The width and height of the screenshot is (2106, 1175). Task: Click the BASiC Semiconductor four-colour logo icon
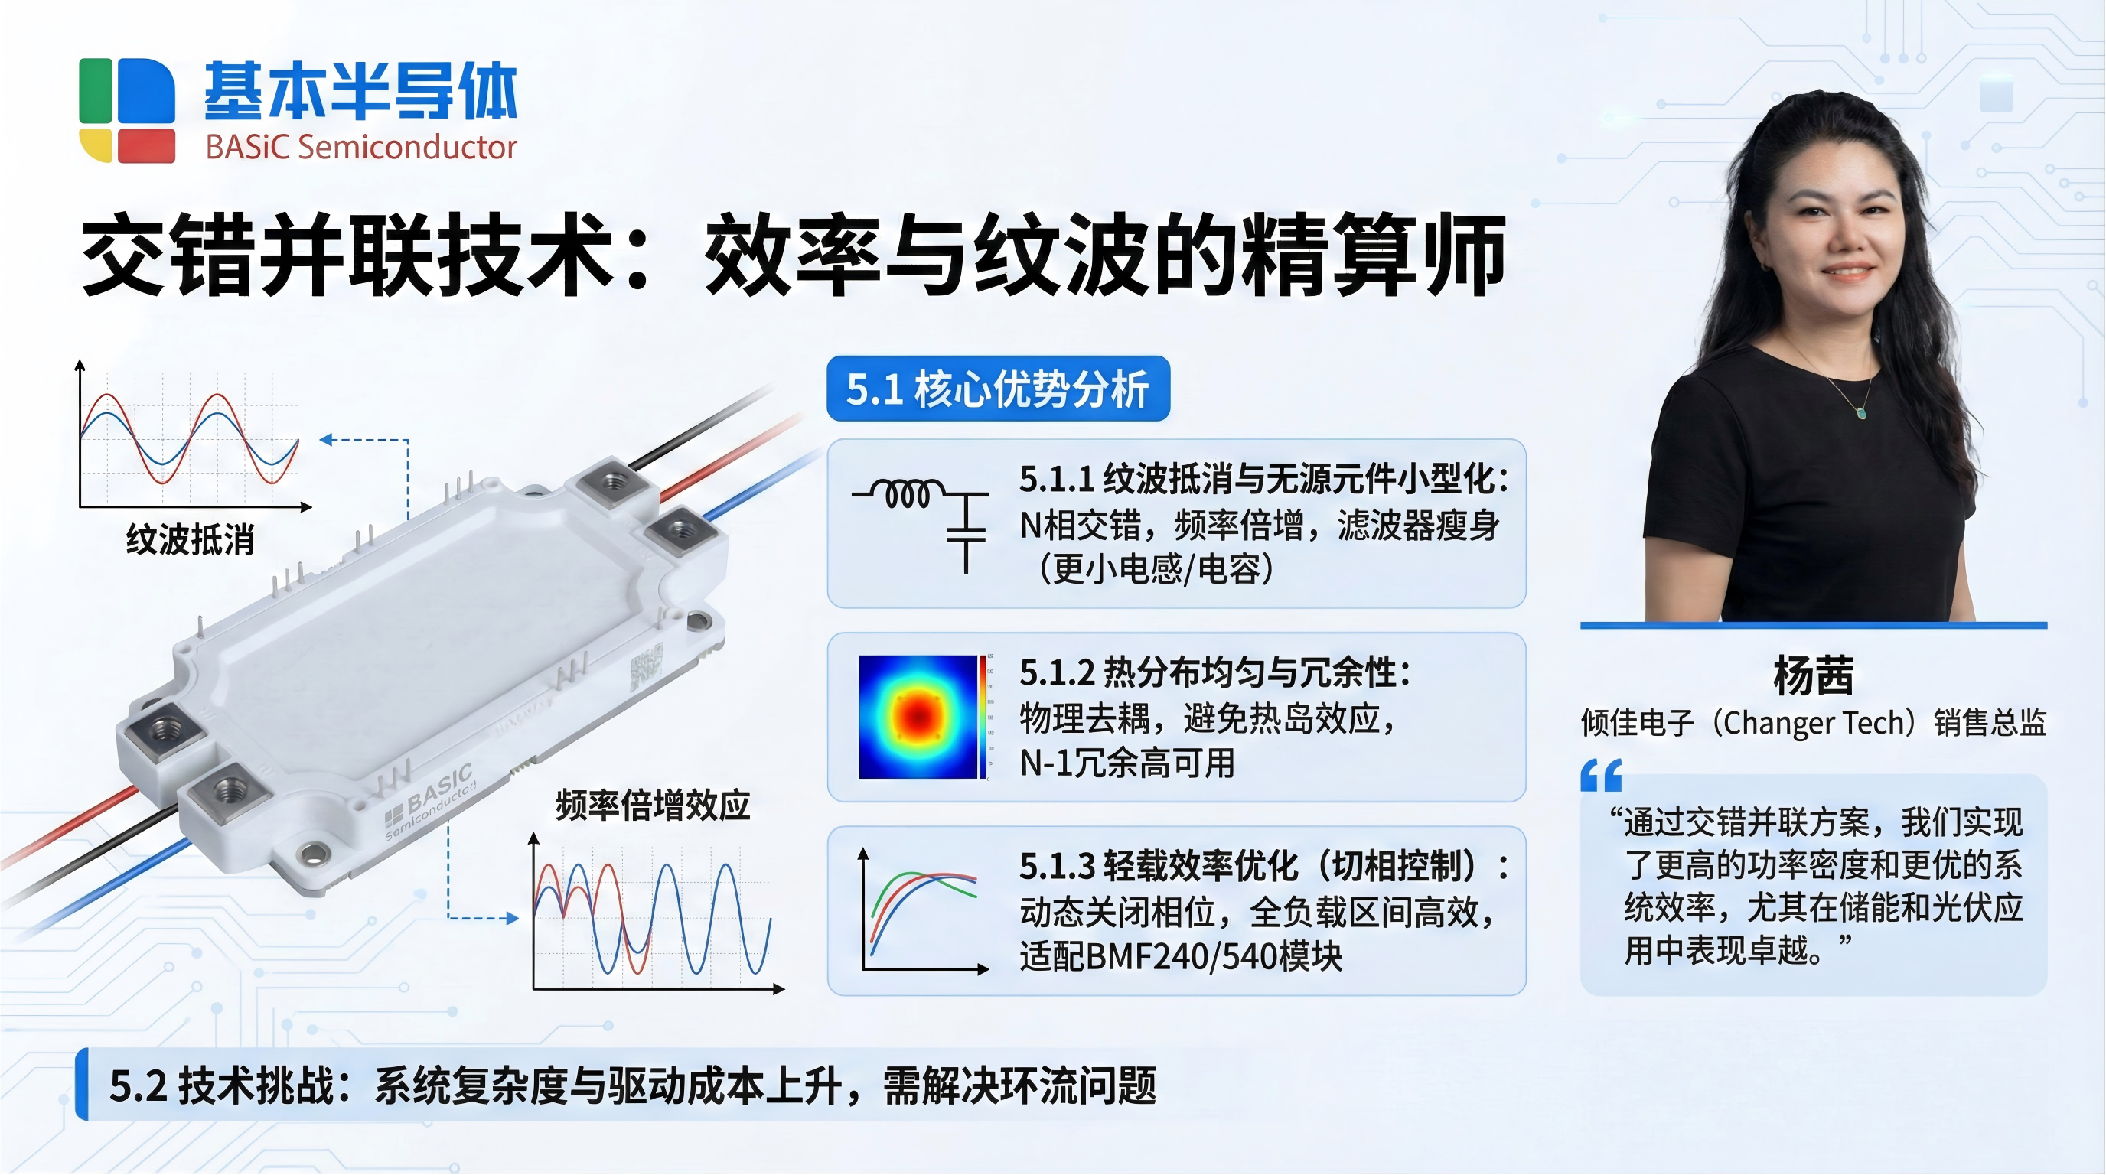point(127,110)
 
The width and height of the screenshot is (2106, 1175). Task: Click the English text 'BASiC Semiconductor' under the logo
point(361,147)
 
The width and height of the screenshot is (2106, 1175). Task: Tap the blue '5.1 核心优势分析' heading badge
point(998,389)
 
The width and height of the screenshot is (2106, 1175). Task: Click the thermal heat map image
point(919,717)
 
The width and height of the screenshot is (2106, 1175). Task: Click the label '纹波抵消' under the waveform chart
point(191,540)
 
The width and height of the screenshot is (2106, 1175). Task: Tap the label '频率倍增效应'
point(653,806)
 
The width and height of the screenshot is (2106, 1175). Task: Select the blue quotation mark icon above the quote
point(1601,776)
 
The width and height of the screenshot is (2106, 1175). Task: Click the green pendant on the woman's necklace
point(1862,412)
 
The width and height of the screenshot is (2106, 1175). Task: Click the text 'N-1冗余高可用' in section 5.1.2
point(1127,763)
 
